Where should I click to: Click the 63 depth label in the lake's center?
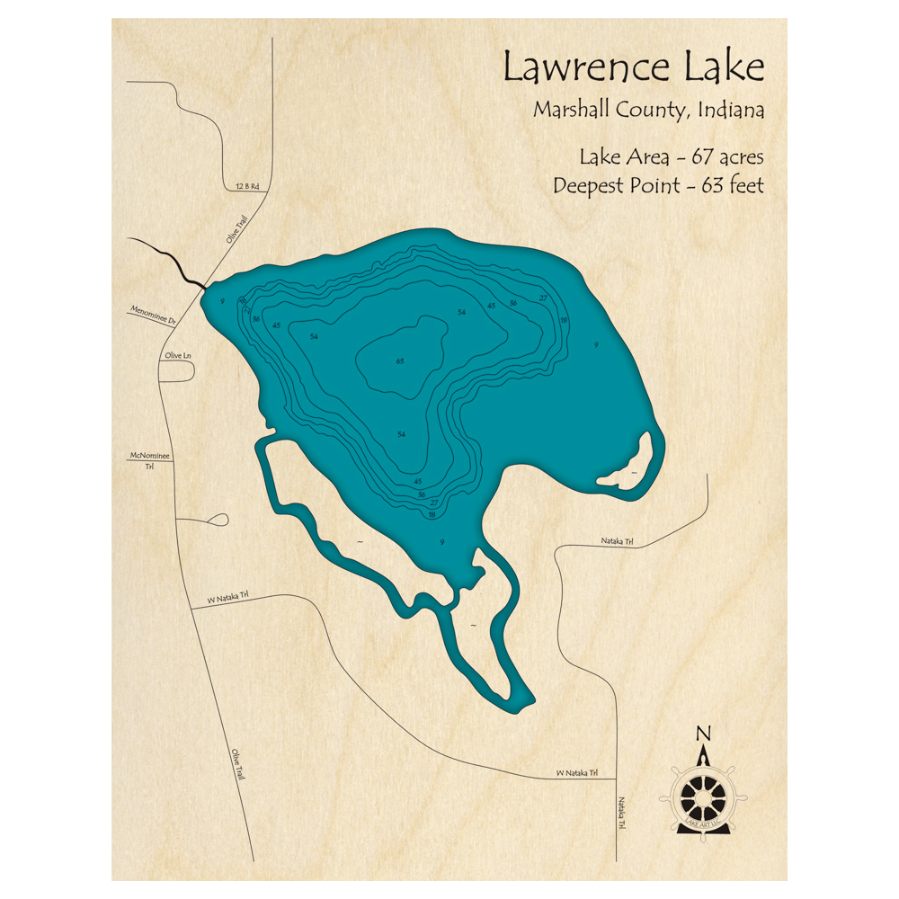(400, 361)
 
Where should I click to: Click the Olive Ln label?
(178, 356)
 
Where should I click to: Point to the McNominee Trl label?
(150, 460)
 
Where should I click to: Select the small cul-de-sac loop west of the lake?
(218, 519)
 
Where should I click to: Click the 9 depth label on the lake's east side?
(596, 344)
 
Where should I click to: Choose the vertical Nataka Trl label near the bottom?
(621, 814)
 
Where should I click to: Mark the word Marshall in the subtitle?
(574, 111)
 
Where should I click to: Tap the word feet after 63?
(743, 186)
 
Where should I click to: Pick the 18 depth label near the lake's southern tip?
(432, 515)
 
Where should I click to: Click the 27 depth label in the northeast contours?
(543, 298)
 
